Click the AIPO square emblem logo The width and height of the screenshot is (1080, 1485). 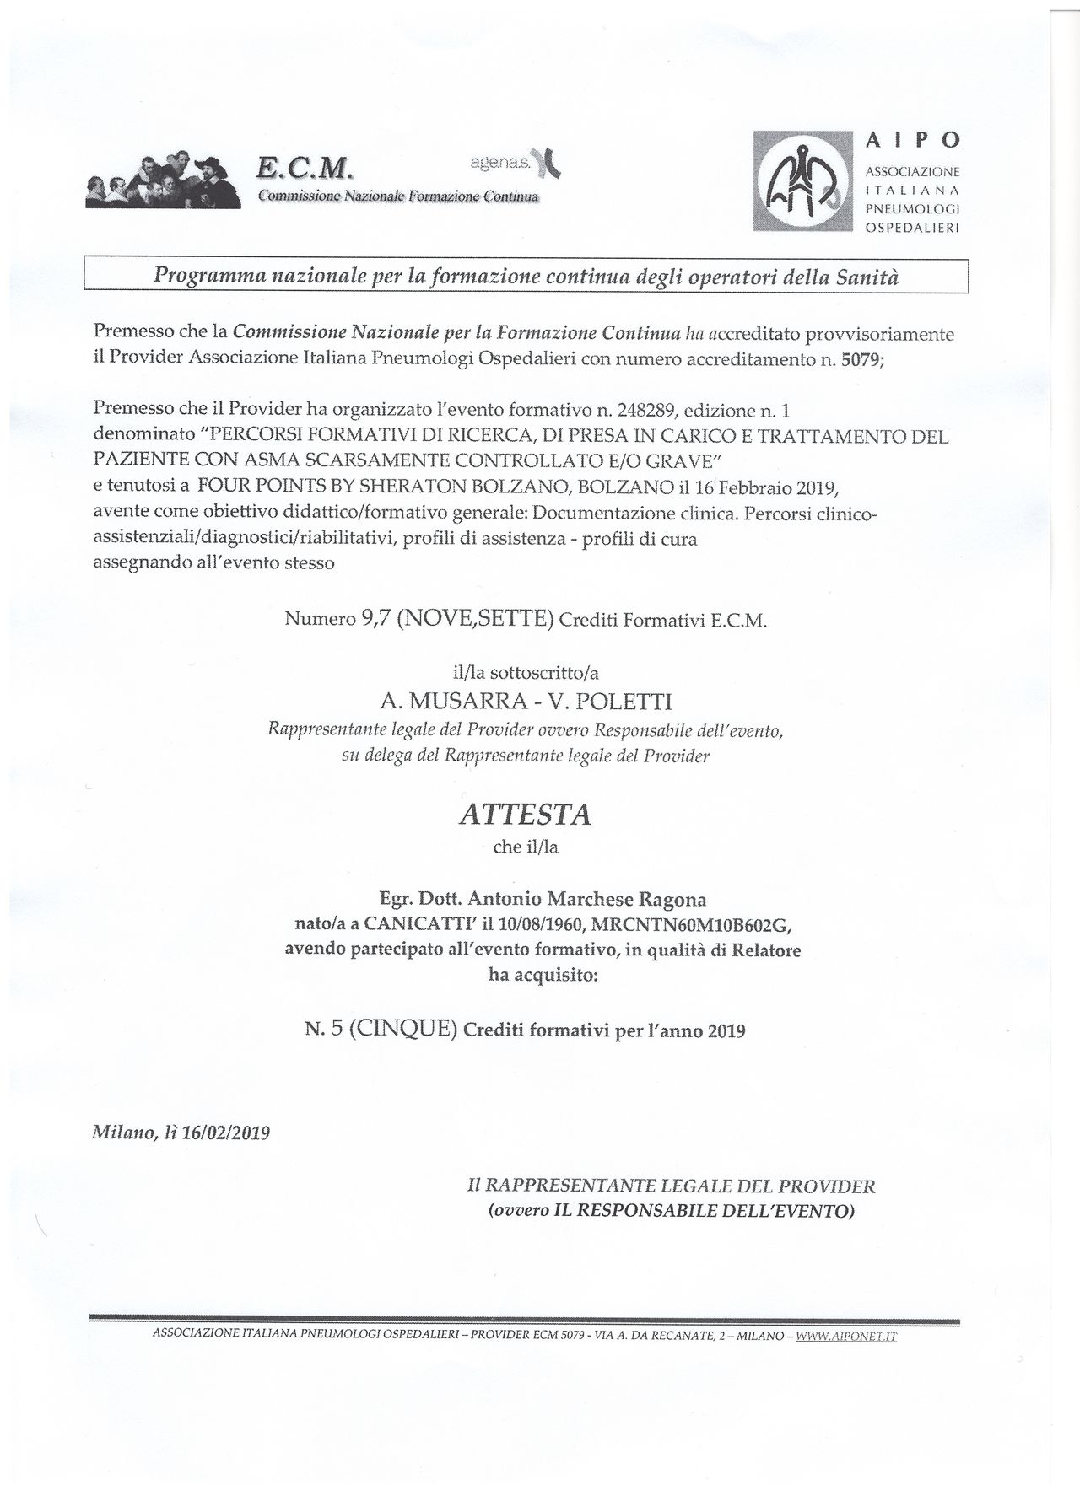(801, 180)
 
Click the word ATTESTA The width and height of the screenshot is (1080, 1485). (524, 815)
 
